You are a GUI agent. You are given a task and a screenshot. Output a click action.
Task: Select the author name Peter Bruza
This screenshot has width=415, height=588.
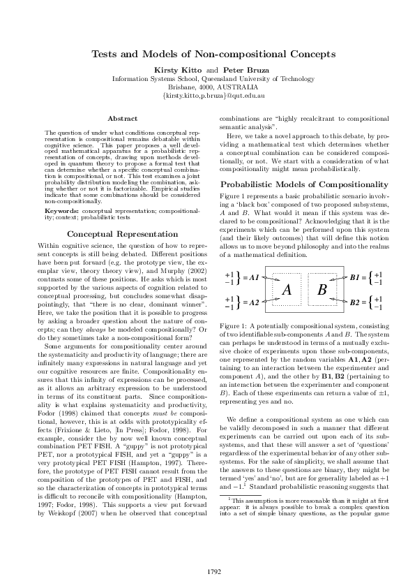tap(242, 71)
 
